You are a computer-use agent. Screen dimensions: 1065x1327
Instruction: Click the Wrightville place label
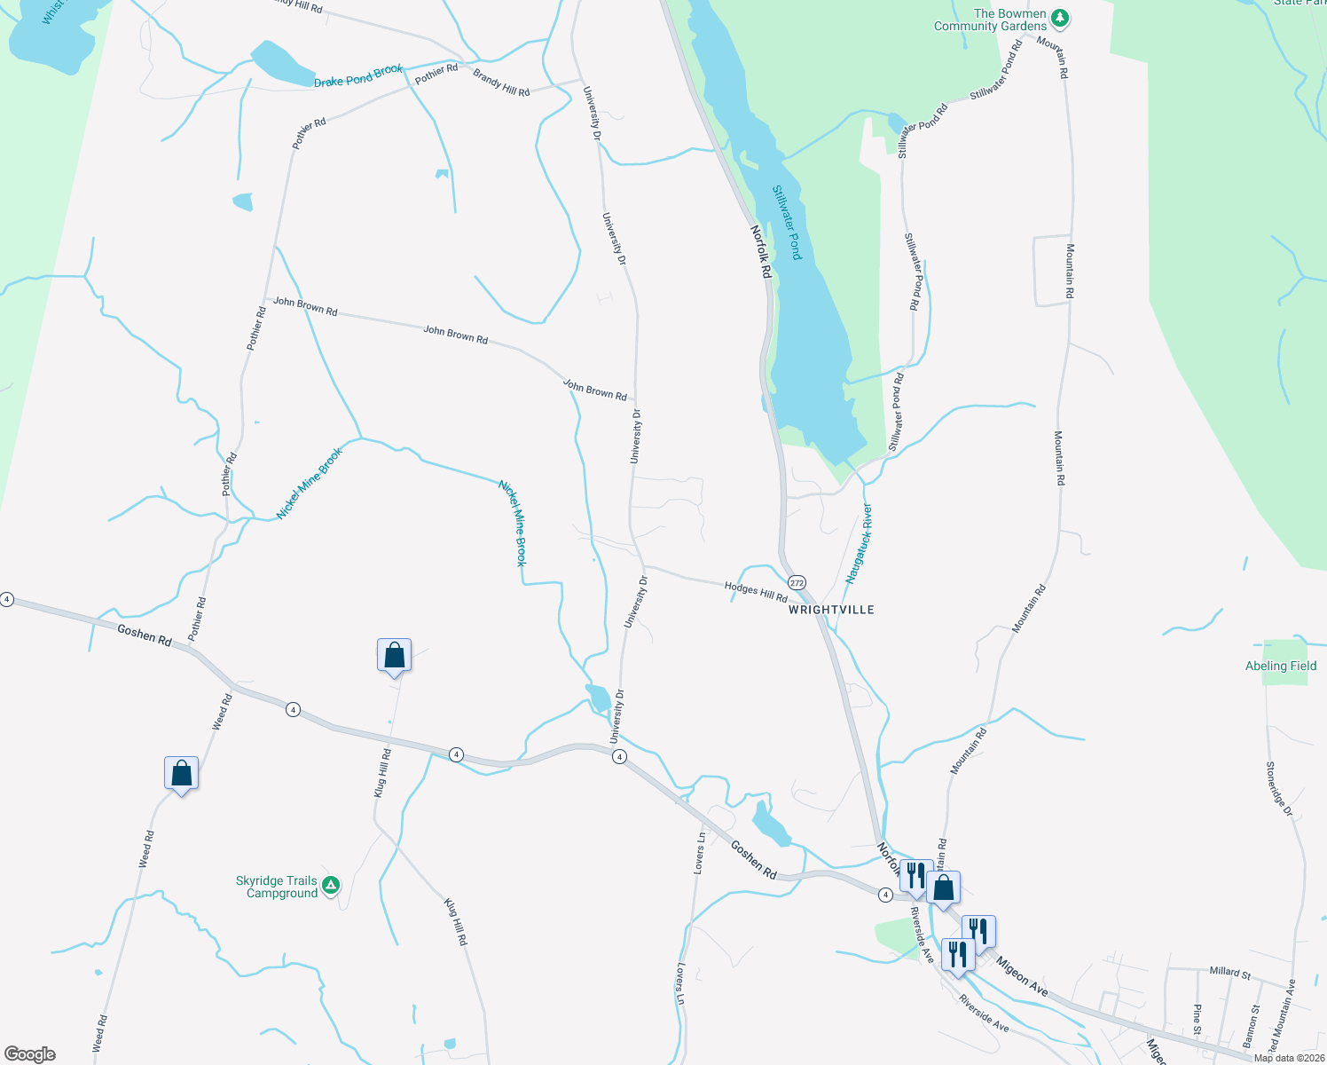[831, 610]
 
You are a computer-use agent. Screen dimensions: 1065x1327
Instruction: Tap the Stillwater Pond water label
[787, 223]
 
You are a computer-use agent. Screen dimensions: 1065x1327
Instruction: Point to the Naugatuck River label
[859, 543]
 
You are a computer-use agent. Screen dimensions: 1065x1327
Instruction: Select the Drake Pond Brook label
[358, 75]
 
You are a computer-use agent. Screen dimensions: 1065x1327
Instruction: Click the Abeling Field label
[1280, 666]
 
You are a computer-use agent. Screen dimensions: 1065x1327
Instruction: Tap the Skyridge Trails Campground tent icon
[331, 885]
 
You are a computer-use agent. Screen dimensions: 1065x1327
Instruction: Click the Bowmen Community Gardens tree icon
[1060, 18]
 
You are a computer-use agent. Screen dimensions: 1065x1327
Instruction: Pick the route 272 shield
[797, 582]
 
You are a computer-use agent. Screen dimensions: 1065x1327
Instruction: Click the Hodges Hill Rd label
[756, 592]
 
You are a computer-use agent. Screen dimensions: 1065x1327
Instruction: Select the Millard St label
[1229, 973]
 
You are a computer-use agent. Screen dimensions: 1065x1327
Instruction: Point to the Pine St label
[1197, 1019]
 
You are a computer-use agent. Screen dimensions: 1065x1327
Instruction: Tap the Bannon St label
[1251, 1023]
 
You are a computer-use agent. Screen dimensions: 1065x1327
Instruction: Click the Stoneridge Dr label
[1279, 789]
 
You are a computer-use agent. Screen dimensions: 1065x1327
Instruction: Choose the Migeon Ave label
[1022, 976]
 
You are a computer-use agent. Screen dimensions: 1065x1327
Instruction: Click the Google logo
[30, 1054]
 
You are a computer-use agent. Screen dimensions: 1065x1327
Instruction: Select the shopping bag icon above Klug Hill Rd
[394, 657]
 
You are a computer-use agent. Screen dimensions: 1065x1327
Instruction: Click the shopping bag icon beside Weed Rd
[181, 774]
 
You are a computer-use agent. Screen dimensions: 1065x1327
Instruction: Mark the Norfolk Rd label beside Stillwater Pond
[761, 252]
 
